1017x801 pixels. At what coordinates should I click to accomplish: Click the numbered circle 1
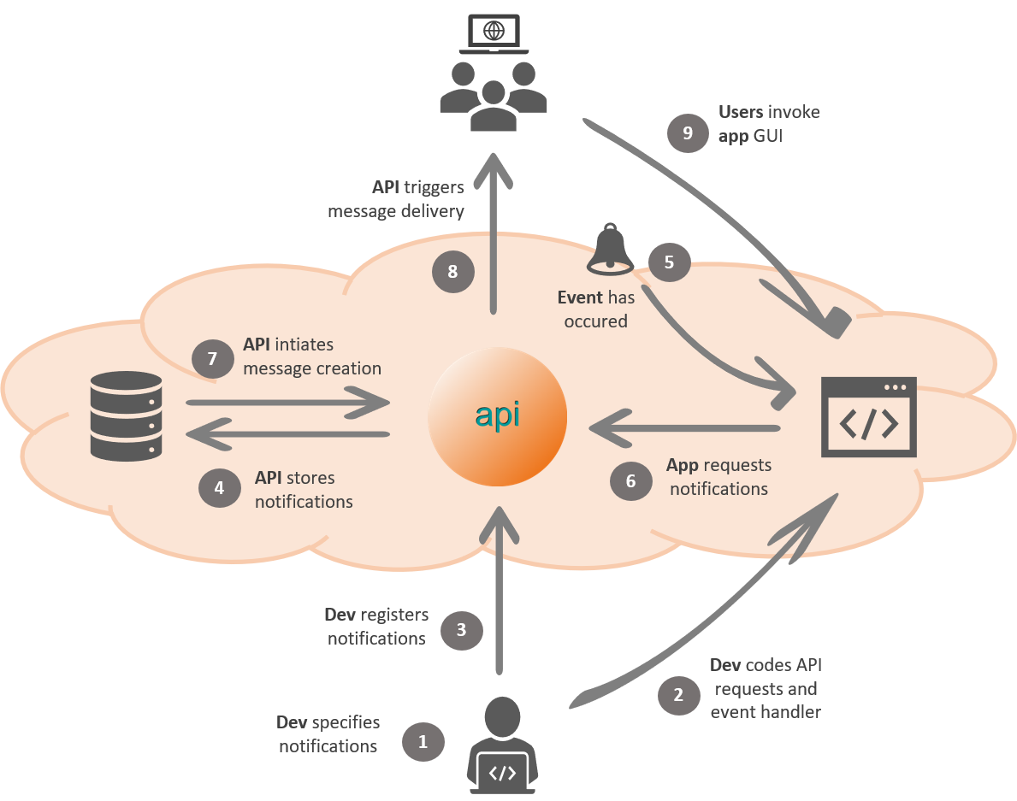click(x=423, y=741)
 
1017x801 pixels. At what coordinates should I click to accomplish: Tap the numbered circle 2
click(x=678, y=694)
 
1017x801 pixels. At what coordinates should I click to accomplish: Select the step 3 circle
click(x=461, y=631)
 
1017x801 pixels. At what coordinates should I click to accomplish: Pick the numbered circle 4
click(x=220, y=488)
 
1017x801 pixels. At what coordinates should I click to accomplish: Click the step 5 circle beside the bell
click(x=669, y=262)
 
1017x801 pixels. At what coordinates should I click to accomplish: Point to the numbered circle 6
click(x=630, y=480)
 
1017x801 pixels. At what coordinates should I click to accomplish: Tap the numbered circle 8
click(x=452, y=272)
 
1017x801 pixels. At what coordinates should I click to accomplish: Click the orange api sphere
click(x=497, y=415)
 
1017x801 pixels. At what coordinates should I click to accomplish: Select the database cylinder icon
click(x=126, y=414)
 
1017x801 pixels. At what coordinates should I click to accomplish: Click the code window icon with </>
click(x=868, y=417)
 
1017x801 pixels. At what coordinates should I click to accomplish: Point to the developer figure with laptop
click(x=502, y=746)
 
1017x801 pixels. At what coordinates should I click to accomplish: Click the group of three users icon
click(x=493, y=95)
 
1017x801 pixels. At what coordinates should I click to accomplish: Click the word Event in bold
click(x=581, y=298)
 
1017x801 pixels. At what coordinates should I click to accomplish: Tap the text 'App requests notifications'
click(x=718, y=477)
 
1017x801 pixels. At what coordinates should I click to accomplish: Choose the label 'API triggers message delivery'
click(x=396, y=199)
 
